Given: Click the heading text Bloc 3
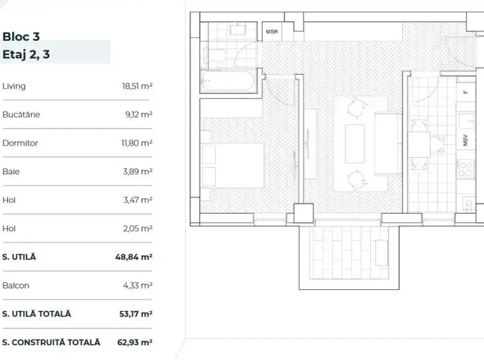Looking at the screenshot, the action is (21, 37).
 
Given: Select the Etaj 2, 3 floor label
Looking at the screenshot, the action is (26, 54).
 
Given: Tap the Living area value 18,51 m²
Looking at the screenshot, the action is (137, 86).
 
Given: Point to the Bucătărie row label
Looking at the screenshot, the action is (21, 114).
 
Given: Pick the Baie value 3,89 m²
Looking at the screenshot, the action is (138, 172).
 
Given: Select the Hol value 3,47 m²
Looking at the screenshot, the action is (138, 200).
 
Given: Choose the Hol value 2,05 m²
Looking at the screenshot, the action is (138, 229).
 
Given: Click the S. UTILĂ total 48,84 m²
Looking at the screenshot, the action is (133, 257).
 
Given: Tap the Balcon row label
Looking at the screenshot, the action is (16, 285).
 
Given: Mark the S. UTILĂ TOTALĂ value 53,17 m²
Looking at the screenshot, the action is (136, 314).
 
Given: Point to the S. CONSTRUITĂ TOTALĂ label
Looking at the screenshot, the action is (51, 342).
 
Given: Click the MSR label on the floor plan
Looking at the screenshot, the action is (272, 32).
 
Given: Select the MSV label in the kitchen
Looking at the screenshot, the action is (465, 140).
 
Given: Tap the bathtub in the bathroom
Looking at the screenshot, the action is (229, 82).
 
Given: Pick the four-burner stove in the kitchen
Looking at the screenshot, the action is (465, 169).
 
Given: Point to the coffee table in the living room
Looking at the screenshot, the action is (354, 144).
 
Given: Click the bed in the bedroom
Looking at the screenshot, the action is (232, 165).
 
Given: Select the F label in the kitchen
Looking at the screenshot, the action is (465, 93).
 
